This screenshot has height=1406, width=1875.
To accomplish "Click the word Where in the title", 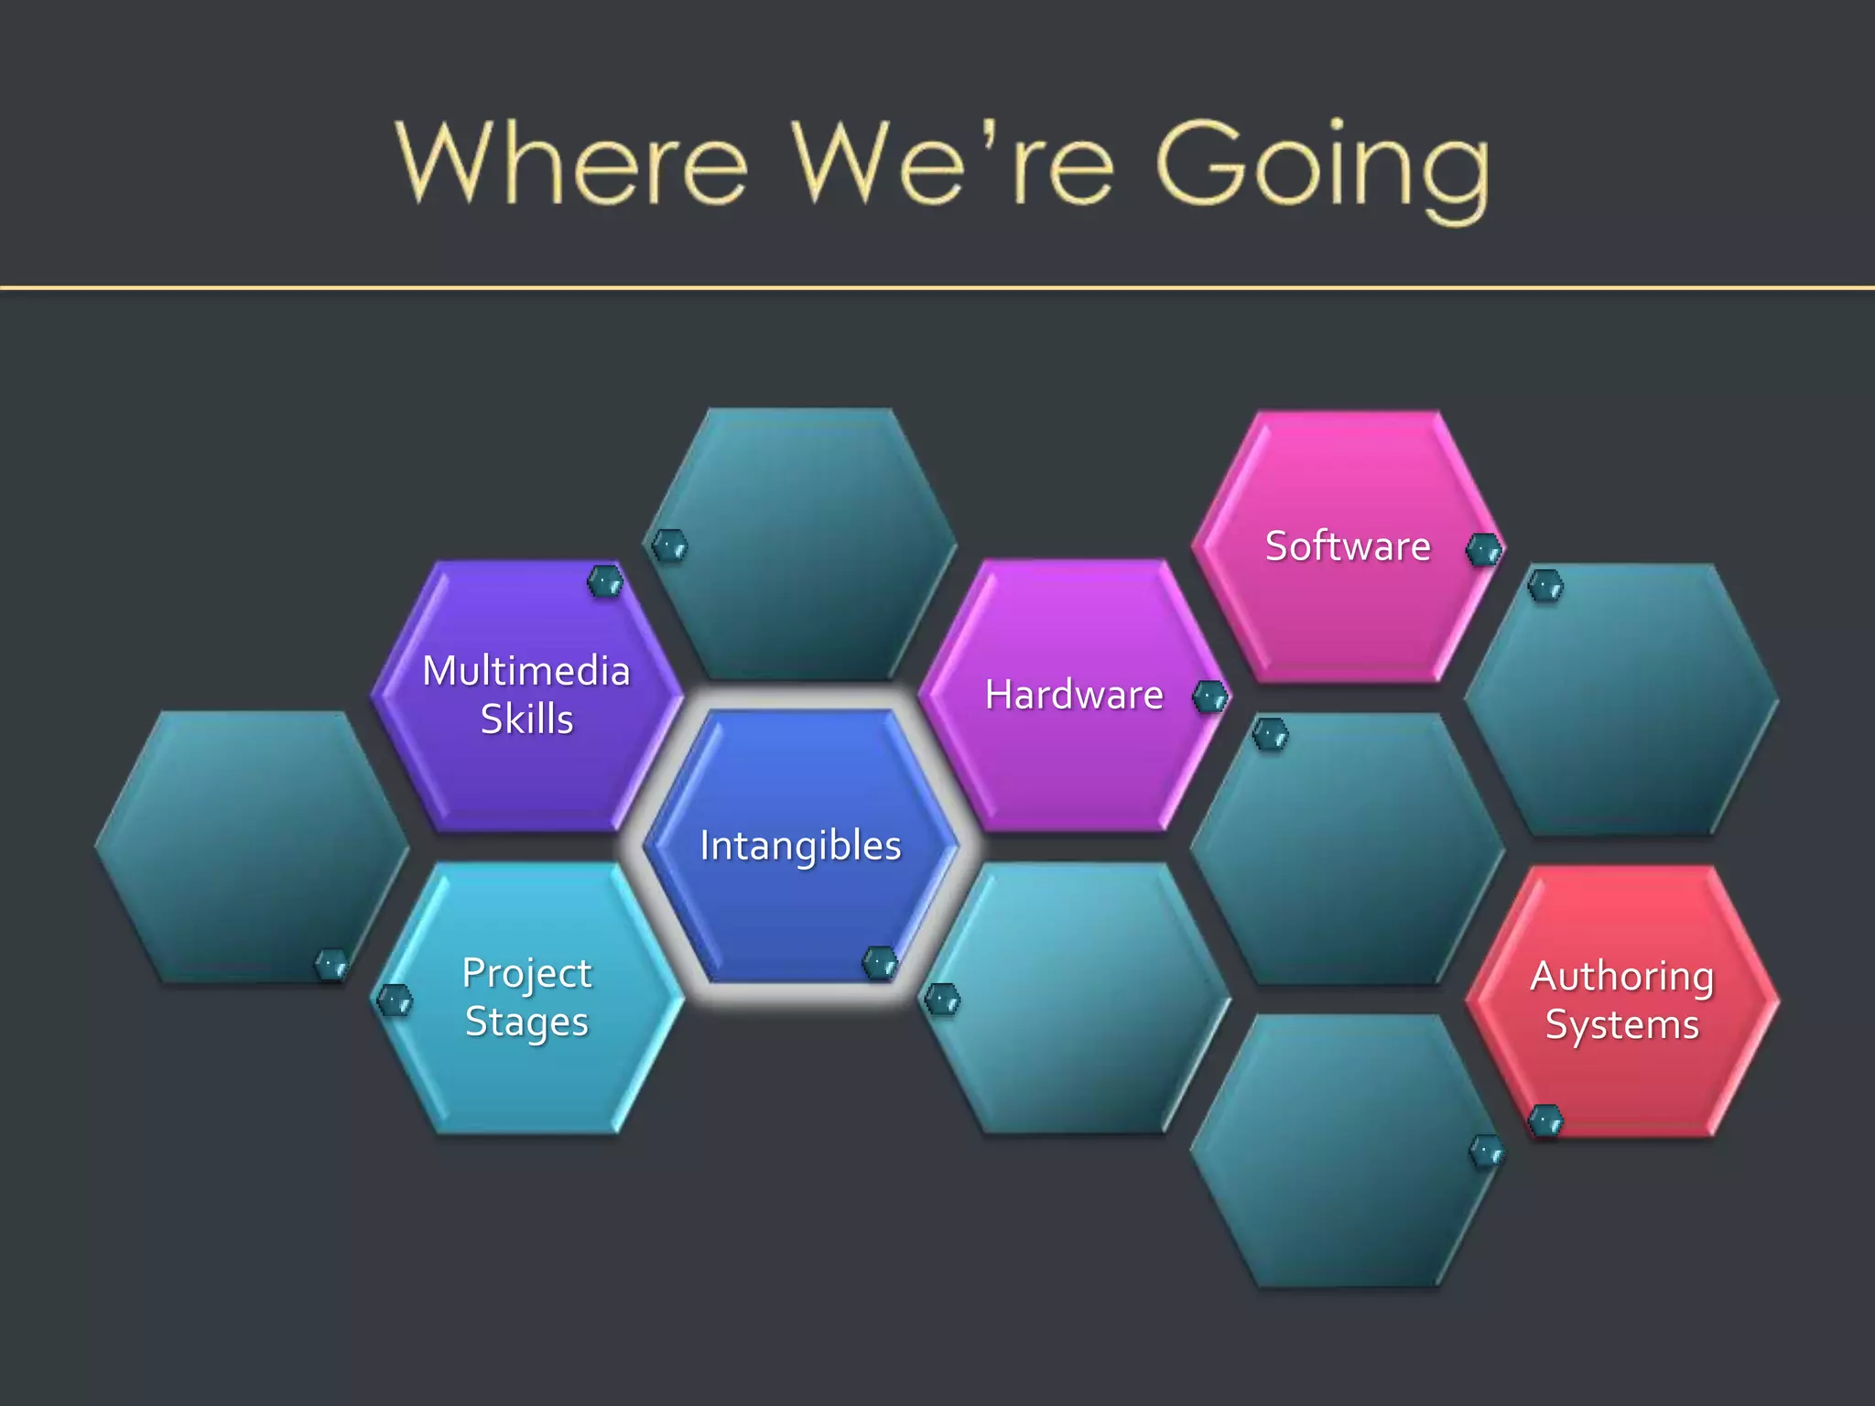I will (572, 165).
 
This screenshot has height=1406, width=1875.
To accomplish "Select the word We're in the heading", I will (952, 165).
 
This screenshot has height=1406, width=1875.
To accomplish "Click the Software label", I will (1347, 546).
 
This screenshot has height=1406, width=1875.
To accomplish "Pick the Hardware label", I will (1074, 695).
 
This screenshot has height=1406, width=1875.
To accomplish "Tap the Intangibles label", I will (800, 846).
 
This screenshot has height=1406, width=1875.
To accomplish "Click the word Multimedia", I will (526, 671).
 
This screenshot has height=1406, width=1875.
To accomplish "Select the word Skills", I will (526, 719).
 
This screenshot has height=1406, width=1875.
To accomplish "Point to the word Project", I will (526, 974).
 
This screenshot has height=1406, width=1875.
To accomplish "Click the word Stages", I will (526, 1022).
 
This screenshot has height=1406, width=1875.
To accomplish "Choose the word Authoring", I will (1621, 977).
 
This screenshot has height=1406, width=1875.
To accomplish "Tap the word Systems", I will (1621, 1025).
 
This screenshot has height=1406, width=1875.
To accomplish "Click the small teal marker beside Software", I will (1483, 550).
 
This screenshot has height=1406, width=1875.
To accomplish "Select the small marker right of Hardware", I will (1210, 698).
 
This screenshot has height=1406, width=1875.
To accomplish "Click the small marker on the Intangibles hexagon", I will (880, 963).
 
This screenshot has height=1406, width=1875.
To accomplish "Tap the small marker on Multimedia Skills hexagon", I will (605, 581).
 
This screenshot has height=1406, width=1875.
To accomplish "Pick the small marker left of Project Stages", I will (396, 1000).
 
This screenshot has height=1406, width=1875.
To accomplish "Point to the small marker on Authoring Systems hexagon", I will (1546, 1120).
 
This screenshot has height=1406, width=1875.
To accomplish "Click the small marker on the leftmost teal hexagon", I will (331, 965).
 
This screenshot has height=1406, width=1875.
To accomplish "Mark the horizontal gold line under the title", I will (937, 288).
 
